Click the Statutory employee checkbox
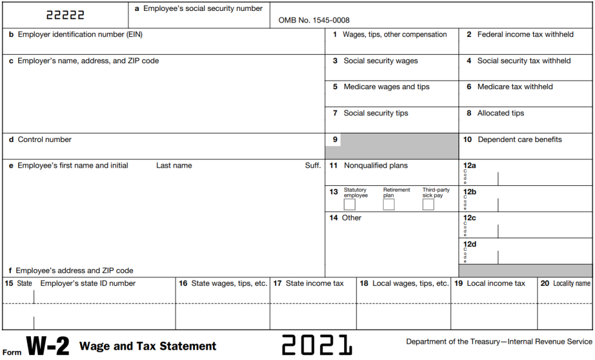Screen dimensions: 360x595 click(x=350, y=205)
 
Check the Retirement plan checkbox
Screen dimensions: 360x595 click(x=389, y=205)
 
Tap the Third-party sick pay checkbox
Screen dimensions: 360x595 click(x=428, y=205)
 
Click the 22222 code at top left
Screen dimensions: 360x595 click(x=66, y=15)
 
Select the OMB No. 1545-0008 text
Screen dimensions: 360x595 click(x=314, y=20)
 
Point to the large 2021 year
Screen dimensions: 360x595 click(x=317, y=345)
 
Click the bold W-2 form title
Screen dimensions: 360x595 click(x=49, y=347)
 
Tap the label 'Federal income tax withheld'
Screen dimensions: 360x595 click(x=525, y=35)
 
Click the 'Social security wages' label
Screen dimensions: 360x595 click(x=381, y=61)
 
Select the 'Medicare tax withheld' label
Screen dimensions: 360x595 click(x=515, y=87)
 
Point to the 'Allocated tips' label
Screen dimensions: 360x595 click(x=500, y=113)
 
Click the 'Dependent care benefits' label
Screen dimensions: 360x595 click(x=520, y=140)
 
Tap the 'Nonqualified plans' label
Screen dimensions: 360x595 click(x=376, y=165)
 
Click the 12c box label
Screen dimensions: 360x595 click(x=469, y=217)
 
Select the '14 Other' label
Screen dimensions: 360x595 click(x=345, y=218)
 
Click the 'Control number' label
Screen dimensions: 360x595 click(x=44, y=140)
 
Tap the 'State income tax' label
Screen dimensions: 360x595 click(x=314, y=284)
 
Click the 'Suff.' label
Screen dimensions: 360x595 click(x=313, y=165)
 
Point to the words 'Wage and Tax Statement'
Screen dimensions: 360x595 click(x=148, y=347)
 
